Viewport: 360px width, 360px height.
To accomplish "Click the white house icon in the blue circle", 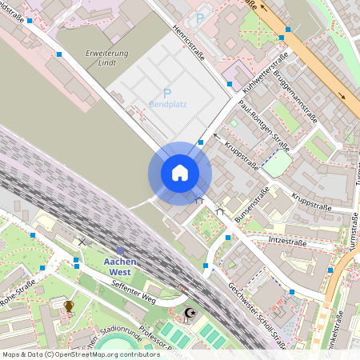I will [179, 173].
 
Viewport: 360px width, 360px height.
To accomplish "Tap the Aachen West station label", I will [120, 266].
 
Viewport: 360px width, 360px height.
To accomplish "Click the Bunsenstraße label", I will [251, 206].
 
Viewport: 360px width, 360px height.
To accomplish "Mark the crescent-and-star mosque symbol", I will [189, 313].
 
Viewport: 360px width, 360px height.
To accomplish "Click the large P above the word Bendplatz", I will [167, 93].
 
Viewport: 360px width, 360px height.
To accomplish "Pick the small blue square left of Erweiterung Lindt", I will [59, 54].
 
